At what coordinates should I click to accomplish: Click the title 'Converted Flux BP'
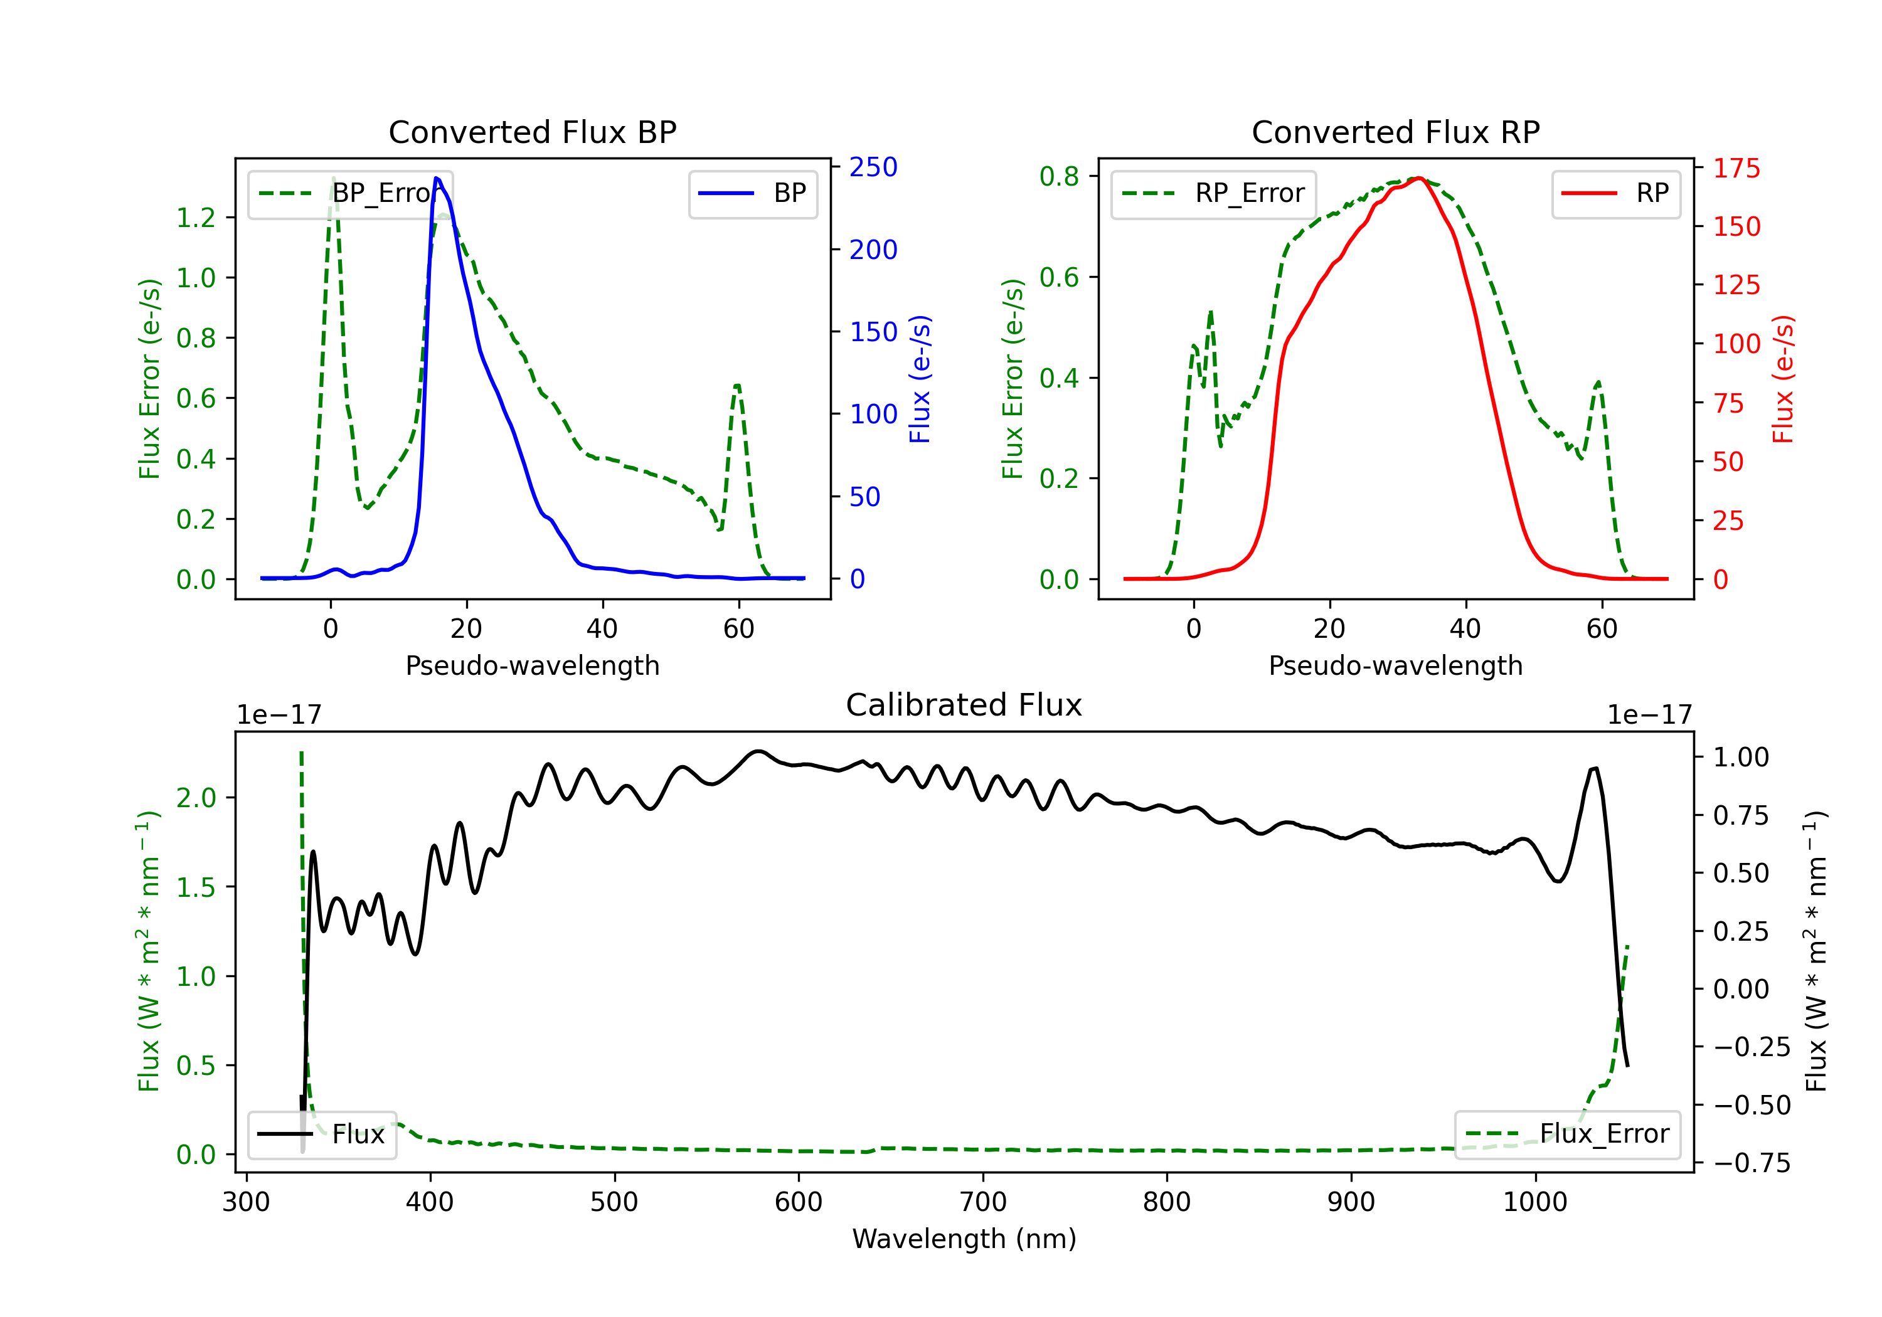click(532, 132)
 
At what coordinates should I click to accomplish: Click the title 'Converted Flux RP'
click(1395, 132)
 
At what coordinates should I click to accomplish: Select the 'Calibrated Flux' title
click(964, 705)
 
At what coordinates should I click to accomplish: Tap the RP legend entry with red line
click(1615, 193)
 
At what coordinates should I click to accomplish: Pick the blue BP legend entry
click(752, 193)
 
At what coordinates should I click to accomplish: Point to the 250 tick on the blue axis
click(873, 167)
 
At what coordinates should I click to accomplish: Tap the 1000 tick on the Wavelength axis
click(1534, 1202)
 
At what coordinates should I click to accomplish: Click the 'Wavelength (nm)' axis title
click(964, 1239)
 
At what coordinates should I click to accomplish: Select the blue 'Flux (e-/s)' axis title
click(920, 379)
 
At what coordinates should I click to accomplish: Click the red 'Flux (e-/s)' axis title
click(1783, 379)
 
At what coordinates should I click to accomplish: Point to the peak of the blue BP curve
click(437, 178)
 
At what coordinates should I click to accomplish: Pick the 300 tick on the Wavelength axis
click(246, 1202)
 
